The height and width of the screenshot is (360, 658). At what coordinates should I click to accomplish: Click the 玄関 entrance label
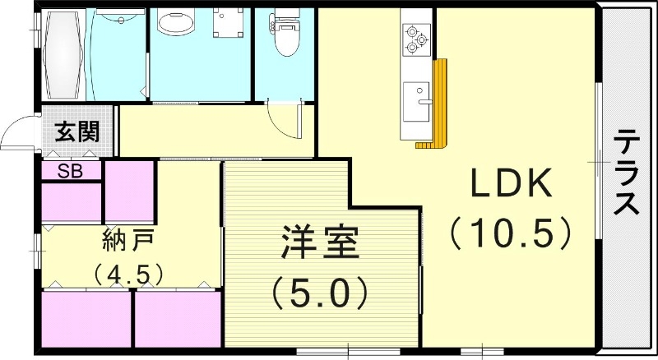click(77, 132)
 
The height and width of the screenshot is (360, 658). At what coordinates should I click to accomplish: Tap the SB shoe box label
click(70, 171)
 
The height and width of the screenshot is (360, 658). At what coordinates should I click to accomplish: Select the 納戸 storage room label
click(129, 241)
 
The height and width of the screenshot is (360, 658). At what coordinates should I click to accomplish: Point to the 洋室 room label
click(320, 242)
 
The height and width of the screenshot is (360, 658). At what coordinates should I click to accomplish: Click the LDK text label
click(511, 183)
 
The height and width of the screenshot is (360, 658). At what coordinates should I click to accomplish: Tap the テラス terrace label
click(627, 172)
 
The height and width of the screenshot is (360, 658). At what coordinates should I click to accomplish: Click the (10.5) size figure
click(511, 233)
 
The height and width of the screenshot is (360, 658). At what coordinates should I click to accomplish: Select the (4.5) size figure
click(128, 275)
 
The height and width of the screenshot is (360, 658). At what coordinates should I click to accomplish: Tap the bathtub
click(64, 54)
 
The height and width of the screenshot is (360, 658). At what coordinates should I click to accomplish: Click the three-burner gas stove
click(417, 39)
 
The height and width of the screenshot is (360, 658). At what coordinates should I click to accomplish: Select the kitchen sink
click(417, 102)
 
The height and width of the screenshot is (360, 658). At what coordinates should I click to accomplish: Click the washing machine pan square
click(228, 23)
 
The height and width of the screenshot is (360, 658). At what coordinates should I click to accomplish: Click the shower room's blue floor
click(116, 54)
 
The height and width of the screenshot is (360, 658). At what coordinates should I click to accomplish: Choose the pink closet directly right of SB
click(130, 192)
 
